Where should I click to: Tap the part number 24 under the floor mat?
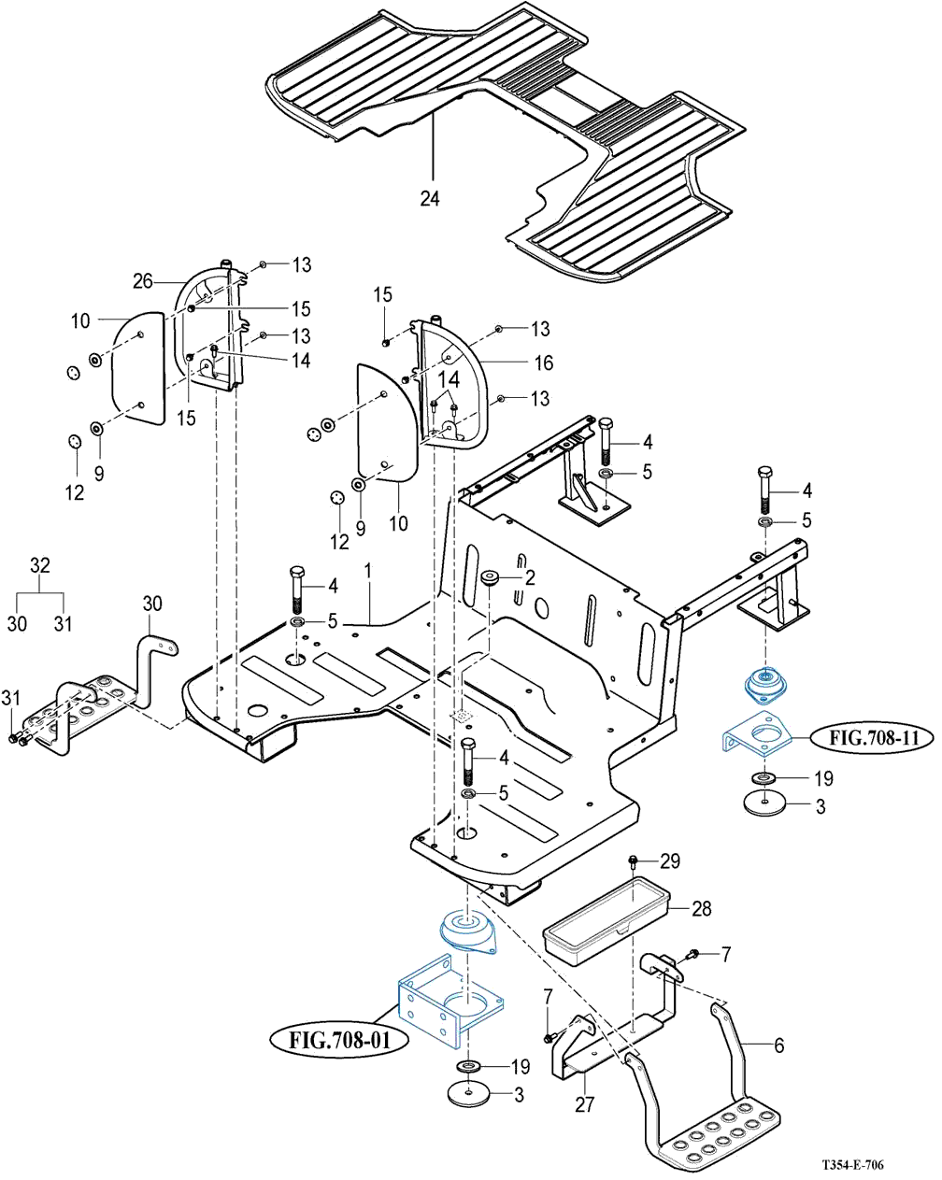click(430, 199)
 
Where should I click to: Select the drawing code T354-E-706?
click(852, 1165)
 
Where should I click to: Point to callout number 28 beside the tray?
click(701, 907)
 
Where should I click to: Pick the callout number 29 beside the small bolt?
click(671, 860)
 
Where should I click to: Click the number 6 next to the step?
click(778, 1046)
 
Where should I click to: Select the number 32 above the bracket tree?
click(39, 565)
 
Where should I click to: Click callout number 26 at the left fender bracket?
click(142, 279)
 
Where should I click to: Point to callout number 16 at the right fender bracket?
click(543, 363)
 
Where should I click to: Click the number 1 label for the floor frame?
click(368, 569)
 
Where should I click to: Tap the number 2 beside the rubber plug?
click(530, 577)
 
